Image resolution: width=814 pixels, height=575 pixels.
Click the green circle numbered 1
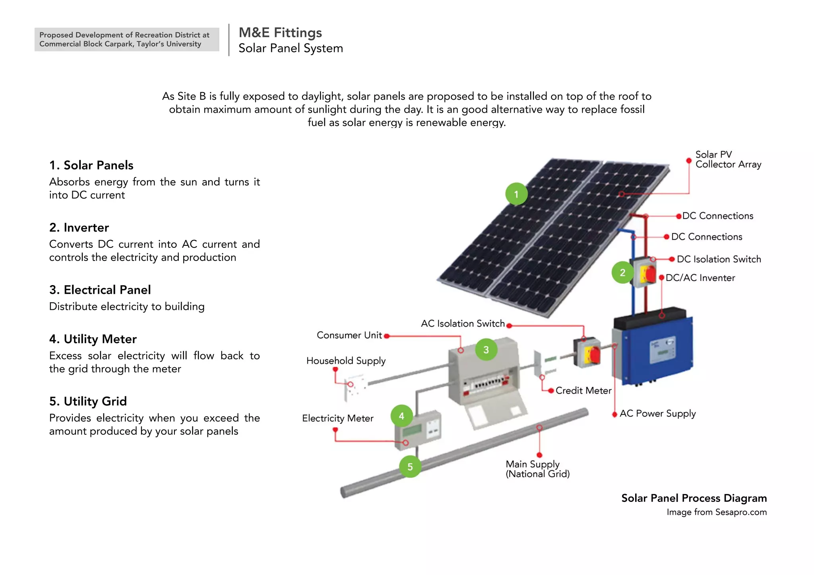pos(516,194)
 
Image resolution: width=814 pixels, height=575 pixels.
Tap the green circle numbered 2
pos(622,272)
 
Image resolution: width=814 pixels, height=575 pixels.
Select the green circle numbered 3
pos(486,349)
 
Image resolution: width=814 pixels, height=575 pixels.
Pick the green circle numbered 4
pos(402,416)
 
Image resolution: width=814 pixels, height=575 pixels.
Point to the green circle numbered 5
pos(410,467)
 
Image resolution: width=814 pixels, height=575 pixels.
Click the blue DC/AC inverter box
pos(654,349)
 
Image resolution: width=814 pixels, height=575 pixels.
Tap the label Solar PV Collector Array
pos(728,159)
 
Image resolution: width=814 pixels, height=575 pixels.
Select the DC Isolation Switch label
pos(719,259)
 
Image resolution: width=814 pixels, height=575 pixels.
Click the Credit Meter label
pos(583,390)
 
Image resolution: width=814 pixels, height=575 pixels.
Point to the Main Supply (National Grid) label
pos(537,469)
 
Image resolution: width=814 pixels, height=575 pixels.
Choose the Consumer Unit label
pos(349,335)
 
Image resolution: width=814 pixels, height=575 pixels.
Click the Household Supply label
pos(346,361)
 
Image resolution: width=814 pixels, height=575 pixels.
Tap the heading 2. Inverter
pos(79,228)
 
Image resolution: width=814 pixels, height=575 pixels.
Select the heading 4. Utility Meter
pos(93,339)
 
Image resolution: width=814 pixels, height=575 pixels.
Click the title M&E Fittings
pos(280,33)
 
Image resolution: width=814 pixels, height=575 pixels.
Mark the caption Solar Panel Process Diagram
pos(694,498)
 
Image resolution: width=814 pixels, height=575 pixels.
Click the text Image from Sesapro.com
pos(717,512)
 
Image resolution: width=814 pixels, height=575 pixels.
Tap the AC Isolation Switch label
pos(463,324)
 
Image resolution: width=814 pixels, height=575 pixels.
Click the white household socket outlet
pos(355,385)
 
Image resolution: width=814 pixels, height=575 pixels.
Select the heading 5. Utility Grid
pos(88,401)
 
